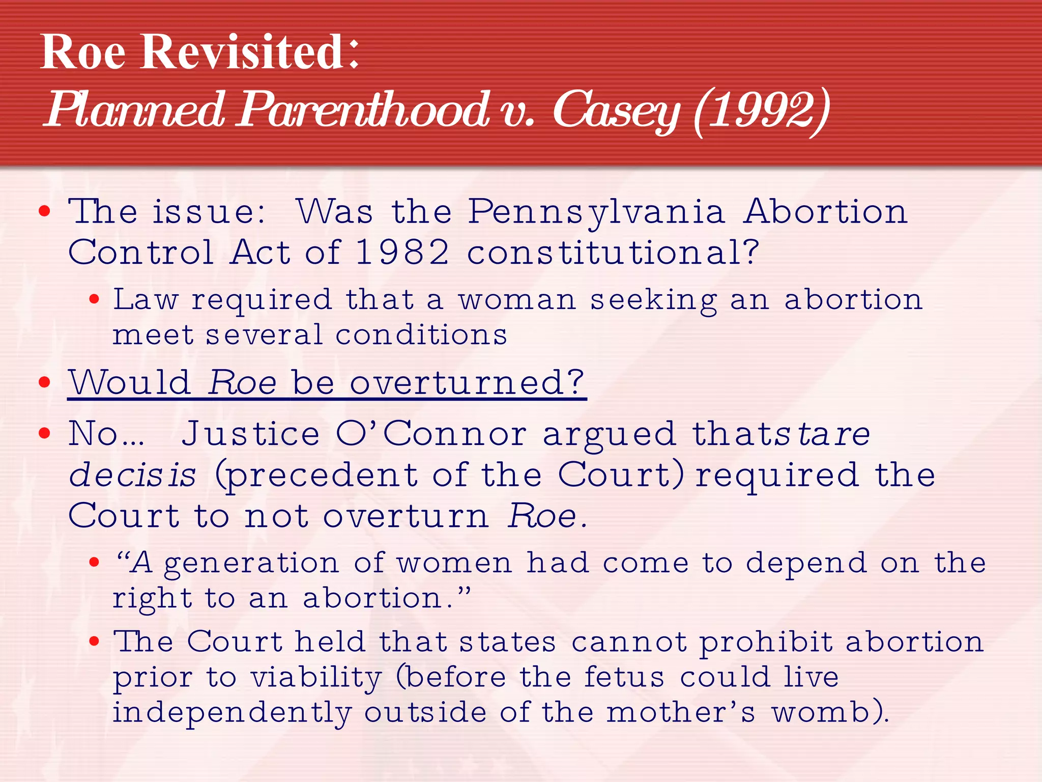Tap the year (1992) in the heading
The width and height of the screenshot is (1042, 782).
[x=762, y=110]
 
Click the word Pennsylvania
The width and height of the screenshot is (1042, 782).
[x=596, y=212]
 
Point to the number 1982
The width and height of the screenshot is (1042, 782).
[x=402, y=253]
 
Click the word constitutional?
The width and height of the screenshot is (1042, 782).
[x=613, y=253]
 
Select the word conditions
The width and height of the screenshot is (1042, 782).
[x=421, y=336]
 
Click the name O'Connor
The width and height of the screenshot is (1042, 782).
[x=431, y=434]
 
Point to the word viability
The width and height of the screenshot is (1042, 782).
[x=316, y=678]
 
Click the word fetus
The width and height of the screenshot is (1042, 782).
[x=624, y=677]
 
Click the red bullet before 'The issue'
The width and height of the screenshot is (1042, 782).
[x=45, y=211]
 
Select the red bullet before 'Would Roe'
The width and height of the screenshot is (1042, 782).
[x=45, y=382]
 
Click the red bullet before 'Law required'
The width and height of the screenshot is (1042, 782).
[x=94, y=300]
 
